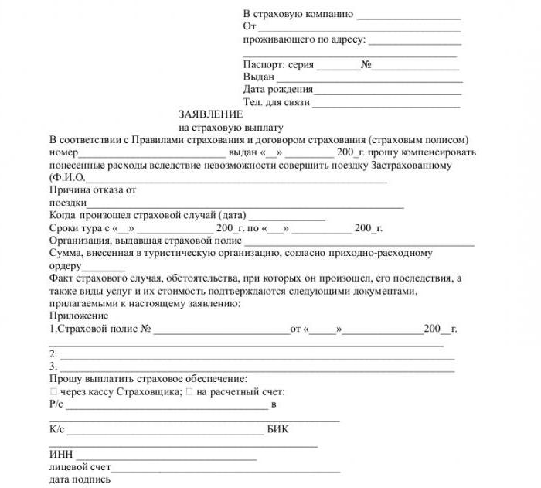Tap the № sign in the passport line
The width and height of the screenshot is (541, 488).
click(x=366, y=65)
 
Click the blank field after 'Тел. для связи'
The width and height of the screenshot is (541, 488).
click(x=386, y=104)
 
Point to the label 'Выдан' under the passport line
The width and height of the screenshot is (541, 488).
click(x=259, y=77)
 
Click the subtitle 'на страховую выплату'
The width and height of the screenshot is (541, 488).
click(x=231, y=127)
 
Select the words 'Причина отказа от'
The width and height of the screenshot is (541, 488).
click(x=92, y=189)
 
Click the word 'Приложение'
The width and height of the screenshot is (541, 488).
click(x=78, y=316)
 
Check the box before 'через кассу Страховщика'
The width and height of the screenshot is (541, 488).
click(x=53, y=392)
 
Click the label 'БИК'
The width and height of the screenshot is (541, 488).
click(x=278, y=428)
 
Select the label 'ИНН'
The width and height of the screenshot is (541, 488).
click(x=61, y=454)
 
